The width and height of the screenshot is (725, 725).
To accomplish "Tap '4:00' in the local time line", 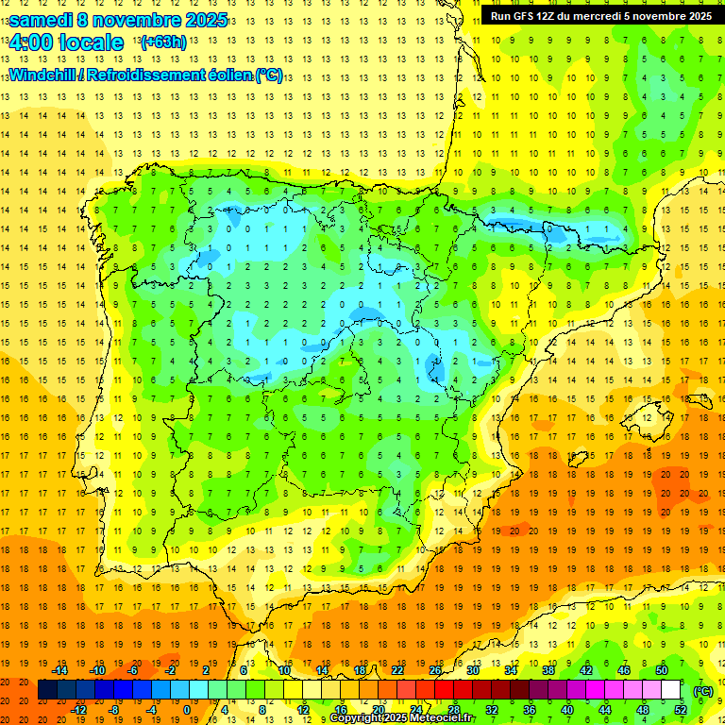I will coord(29,42).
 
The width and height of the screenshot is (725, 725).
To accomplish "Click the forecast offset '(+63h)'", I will coord(163,42).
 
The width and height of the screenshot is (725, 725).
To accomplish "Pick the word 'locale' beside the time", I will coord(90,42).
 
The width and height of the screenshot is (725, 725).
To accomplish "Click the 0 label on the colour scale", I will coord(186,710).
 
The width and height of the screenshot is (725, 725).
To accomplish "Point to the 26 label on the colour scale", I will coord(434,669).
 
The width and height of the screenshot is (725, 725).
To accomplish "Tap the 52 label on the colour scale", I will coord(681,710).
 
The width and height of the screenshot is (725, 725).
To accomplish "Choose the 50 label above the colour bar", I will coord(662,669).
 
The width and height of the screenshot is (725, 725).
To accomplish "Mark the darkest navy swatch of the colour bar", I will coord(47,690).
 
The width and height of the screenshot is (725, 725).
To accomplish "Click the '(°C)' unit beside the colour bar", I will coord(703,690).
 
